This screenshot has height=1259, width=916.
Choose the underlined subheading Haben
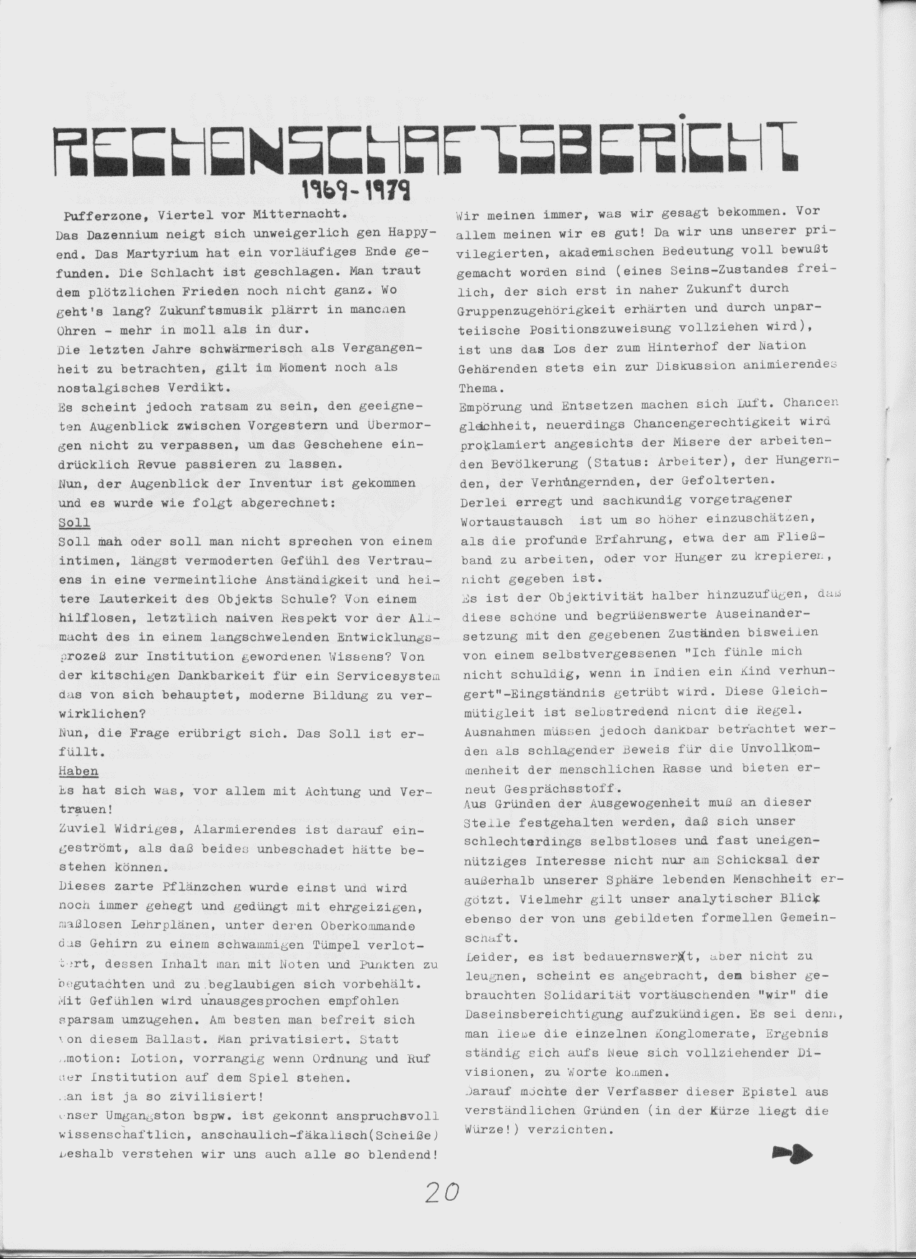pyautogui.click(x=78, y=771)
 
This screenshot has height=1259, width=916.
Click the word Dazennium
pyautogui.click(x=122, y=233)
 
